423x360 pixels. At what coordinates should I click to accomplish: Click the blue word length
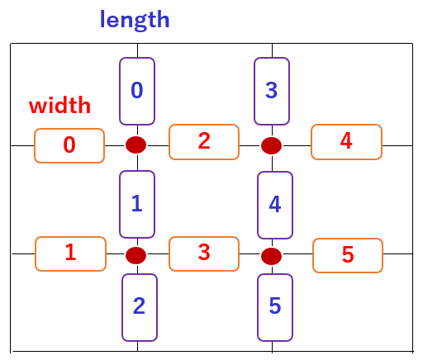135,20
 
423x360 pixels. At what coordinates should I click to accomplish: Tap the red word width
59,105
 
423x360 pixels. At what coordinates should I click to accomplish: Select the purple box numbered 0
137,91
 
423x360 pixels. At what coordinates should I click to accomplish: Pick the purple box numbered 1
137,204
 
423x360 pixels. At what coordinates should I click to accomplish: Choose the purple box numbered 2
140,307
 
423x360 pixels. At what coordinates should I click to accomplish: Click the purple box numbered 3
272,91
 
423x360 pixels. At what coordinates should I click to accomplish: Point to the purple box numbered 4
275,205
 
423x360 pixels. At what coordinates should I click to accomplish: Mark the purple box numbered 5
275,307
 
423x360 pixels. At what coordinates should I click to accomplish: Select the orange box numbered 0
69,145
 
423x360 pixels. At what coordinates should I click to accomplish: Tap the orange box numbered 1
70,253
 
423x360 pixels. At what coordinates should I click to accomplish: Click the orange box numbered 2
204,142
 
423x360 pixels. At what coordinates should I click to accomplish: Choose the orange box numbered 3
204,253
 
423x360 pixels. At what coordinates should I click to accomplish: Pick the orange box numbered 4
346,142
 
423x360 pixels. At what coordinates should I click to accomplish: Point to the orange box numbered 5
348,255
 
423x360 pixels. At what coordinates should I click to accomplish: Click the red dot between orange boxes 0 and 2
135,144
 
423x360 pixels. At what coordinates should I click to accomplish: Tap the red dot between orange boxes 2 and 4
271,145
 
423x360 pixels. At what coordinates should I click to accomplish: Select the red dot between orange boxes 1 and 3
135,255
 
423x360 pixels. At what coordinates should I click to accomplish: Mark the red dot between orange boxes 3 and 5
271,256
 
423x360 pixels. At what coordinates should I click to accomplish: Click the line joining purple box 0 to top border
137,50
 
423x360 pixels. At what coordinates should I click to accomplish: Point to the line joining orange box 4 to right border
397,145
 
